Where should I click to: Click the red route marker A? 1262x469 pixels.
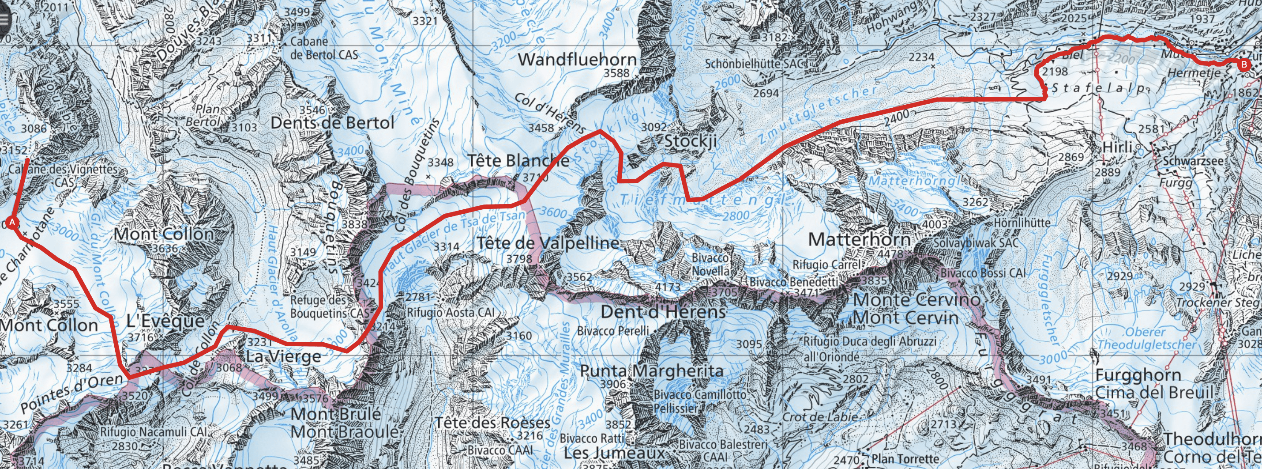[12, 223]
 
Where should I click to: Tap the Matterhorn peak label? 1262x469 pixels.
[859, 240]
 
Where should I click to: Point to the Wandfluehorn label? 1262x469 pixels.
[577, 60]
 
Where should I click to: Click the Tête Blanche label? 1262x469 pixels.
[518, 160]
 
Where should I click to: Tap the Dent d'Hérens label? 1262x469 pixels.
[663, 312]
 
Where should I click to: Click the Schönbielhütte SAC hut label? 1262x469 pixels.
[755, 64]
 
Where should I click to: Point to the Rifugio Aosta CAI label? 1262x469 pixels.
[450, 312]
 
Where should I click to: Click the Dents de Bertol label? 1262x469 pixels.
[332, 122]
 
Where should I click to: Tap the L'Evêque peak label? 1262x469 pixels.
[165, 321]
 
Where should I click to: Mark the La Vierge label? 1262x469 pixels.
[283, 356]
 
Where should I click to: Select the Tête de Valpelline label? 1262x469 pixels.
[548, 242]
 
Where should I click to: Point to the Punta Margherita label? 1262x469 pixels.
[652, 371]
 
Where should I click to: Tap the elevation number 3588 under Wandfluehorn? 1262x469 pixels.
[616, 73]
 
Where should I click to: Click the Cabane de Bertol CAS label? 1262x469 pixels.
[324, 48]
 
